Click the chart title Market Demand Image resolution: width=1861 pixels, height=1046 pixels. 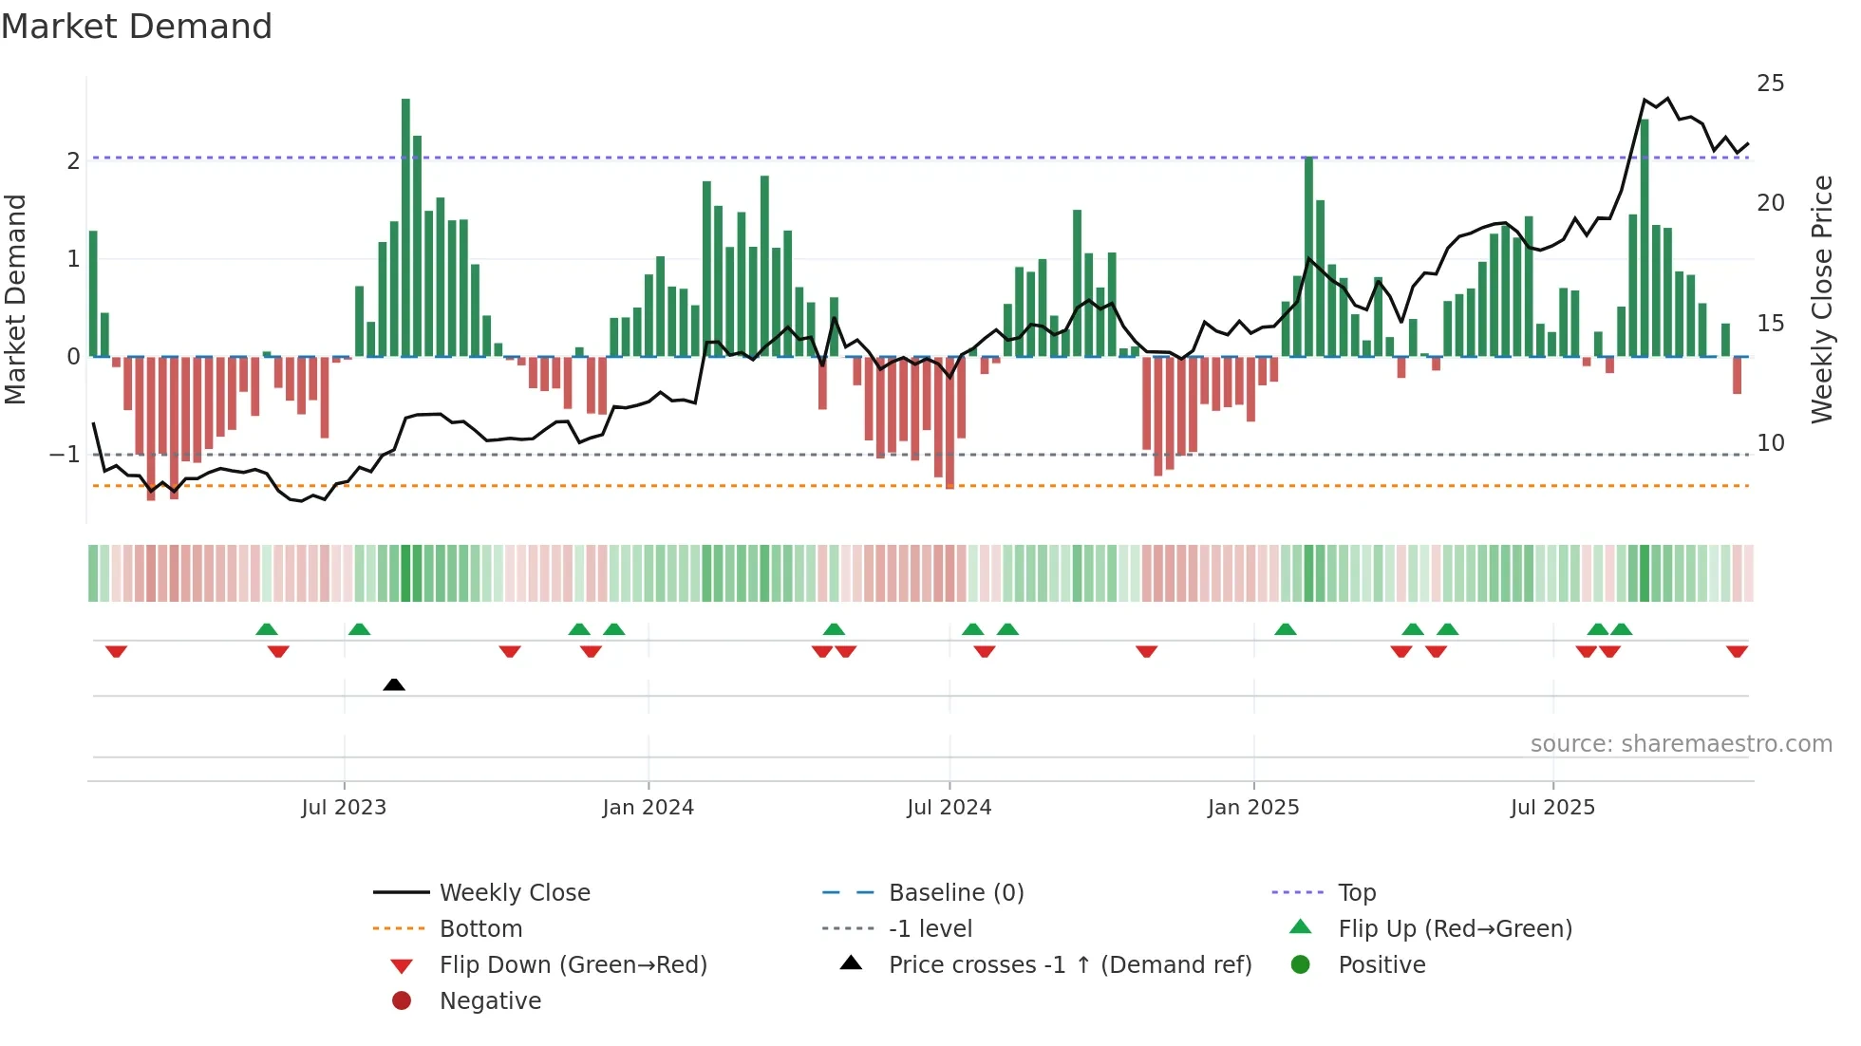tap(137, 27)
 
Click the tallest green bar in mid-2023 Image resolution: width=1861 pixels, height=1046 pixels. tap(405, 228)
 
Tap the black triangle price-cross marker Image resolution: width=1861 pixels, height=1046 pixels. tap(394, 684)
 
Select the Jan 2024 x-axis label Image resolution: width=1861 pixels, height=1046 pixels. tap(648, 808)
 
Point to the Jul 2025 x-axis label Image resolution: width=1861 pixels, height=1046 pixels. tap(1552, 808)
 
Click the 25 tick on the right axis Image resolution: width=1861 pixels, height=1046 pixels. tap(1770, 84)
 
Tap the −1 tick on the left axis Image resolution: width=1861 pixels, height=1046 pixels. tap(65, 455)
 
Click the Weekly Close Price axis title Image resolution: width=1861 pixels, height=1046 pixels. tap(1822, 299)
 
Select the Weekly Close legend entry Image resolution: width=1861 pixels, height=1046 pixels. tap(514, 893)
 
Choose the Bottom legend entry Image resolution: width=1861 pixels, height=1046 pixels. tap(480, 929)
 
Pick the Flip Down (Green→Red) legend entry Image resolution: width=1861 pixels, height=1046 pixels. tap(573, 965)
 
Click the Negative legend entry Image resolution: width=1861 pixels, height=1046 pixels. tap(490, 1001)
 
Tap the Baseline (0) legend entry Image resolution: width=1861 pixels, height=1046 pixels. tap(955, 893)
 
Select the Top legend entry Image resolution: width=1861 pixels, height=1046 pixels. tap(1356, 893)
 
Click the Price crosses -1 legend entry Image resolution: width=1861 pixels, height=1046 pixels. tap(1069, 965)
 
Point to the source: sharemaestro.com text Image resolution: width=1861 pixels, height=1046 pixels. tap(1681, 744)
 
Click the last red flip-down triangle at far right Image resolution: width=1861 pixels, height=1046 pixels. tap(1737, 651)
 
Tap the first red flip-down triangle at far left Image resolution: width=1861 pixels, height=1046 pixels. tap(116, 651)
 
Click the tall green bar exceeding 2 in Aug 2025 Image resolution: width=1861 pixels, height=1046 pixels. tap(1645, 237)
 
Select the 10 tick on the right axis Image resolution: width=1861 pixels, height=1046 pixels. tap(1770, 443)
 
